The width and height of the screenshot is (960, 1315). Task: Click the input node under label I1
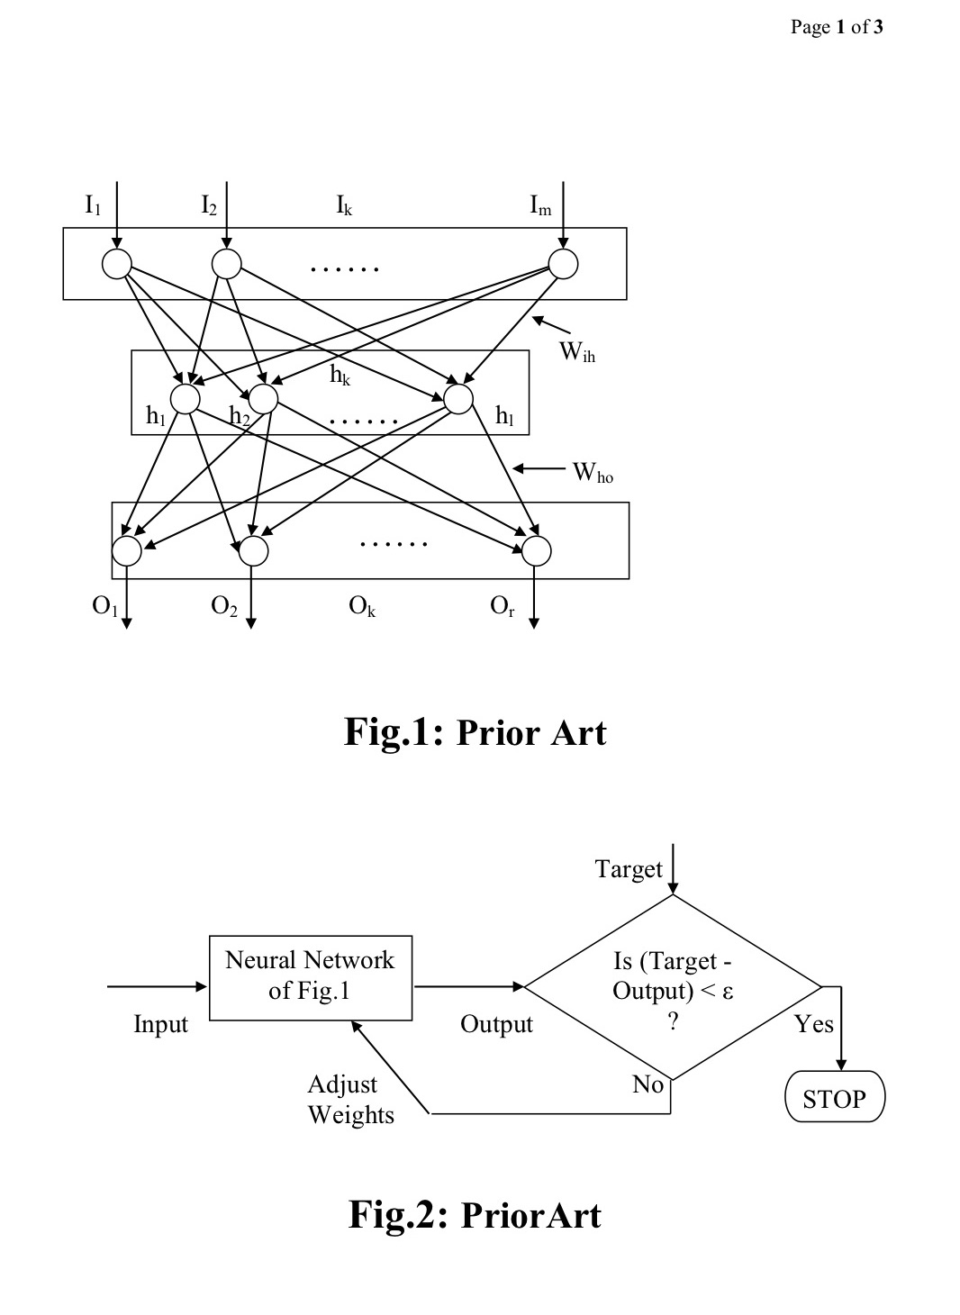(116, 264)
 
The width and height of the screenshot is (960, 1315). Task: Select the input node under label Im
(563, 264)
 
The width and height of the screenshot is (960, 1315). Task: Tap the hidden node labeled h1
(186, 399)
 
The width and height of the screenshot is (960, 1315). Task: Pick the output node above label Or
(536, 550)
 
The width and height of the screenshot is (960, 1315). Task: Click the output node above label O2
(253, 550)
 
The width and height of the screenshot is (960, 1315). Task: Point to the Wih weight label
(577, 352)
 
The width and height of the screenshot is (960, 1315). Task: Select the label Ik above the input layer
(344, 207)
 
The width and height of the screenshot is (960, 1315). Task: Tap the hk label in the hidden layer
(340, 376)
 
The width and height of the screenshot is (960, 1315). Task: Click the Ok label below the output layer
(362, 607)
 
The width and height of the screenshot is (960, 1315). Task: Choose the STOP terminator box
(835, 1099)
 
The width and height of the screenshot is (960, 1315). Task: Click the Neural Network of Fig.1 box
(311, 977)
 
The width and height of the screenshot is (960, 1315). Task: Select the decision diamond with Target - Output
(673, 987)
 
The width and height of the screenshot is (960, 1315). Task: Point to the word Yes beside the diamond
(814, 1024)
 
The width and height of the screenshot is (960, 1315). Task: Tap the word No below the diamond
(648, 1084)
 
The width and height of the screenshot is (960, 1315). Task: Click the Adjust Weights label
(351, 1100)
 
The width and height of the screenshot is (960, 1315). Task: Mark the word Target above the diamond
(629, 869)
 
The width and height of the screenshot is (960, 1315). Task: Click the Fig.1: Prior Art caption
(475, 732)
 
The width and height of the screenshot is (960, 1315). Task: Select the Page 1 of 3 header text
(837, 27)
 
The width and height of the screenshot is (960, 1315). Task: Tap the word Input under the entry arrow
(160, 1024)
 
